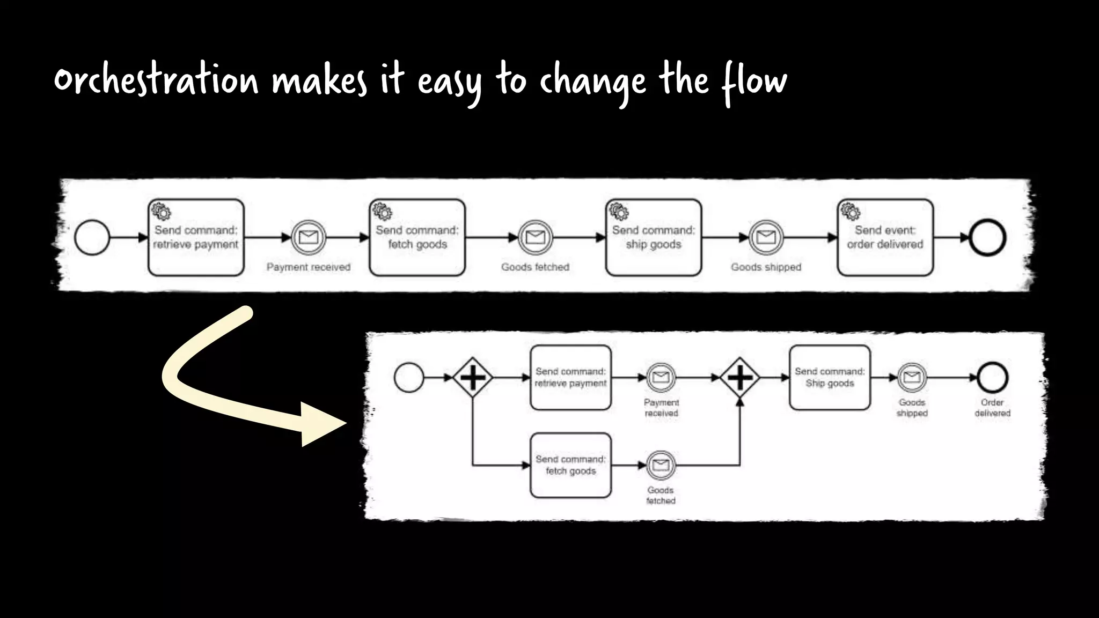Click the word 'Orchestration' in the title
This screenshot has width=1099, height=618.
click(156, 80)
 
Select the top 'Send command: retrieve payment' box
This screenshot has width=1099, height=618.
click(196, 238)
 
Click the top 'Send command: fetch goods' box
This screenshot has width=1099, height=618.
click(417, 238)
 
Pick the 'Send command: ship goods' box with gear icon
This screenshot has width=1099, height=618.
click(653, 238)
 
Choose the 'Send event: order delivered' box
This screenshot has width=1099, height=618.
click(885, 238)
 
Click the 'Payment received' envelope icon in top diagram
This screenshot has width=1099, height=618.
click(309, 237)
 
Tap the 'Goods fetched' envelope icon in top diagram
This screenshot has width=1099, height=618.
click(535, 237)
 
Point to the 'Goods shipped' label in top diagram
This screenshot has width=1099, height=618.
click(766, 267)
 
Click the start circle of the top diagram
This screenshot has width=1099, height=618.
click(92, 237)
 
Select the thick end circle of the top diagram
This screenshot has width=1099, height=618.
click(987, 237)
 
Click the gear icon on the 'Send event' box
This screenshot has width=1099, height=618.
click(850, 211)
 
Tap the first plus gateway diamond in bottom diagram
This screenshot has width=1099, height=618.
click(473, 378)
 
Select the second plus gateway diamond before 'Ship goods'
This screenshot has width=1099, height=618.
click(739, 378)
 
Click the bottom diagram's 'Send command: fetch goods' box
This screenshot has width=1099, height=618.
click(570, 465)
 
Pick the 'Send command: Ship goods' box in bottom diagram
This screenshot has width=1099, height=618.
click(830, 378)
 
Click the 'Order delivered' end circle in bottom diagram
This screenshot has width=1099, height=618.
click(992, 378)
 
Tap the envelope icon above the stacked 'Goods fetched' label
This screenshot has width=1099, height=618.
click(661, 465)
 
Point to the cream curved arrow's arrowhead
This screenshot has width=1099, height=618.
click(322, 424)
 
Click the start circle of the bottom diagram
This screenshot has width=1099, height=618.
click(409, 378)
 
